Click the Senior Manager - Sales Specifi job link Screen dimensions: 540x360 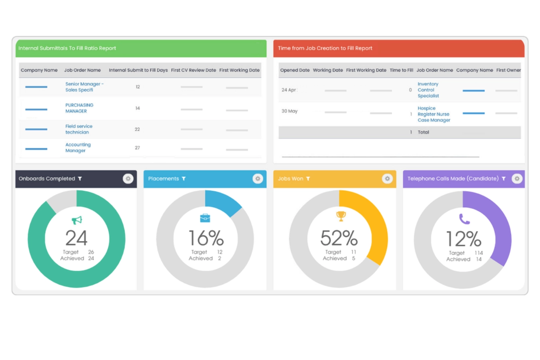coord(84,87)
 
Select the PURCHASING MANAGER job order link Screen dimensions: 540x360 coord(79,108)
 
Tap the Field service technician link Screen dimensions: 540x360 coord(79,129)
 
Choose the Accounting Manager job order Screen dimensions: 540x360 coord(78,148)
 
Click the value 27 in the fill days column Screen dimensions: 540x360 coord(138,148)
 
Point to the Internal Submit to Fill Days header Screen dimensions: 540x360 coord(138,70)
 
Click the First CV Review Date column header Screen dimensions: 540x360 coord(193,70)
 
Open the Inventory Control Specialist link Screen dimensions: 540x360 coord(428,90)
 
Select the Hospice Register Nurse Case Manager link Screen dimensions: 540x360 coord(434,114)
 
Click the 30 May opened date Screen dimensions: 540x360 coord(290,111)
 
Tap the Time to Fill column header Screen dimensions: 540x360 coord(401,70)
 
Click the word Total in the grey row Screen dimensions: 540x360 coord(423,132)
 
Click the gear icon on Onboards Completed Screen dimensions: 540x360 coord(128,179)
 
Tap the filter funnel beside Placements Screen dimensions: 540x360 coord(184,179)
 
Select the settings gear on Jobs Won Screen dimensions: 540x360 coord(387,179)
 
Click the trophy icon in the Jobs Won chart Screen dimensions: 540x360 coord(341,216)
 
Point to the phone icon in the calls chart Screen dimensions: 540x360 coord(464,219)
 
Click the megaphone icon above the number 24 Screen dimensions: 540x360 coord(77,220)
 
